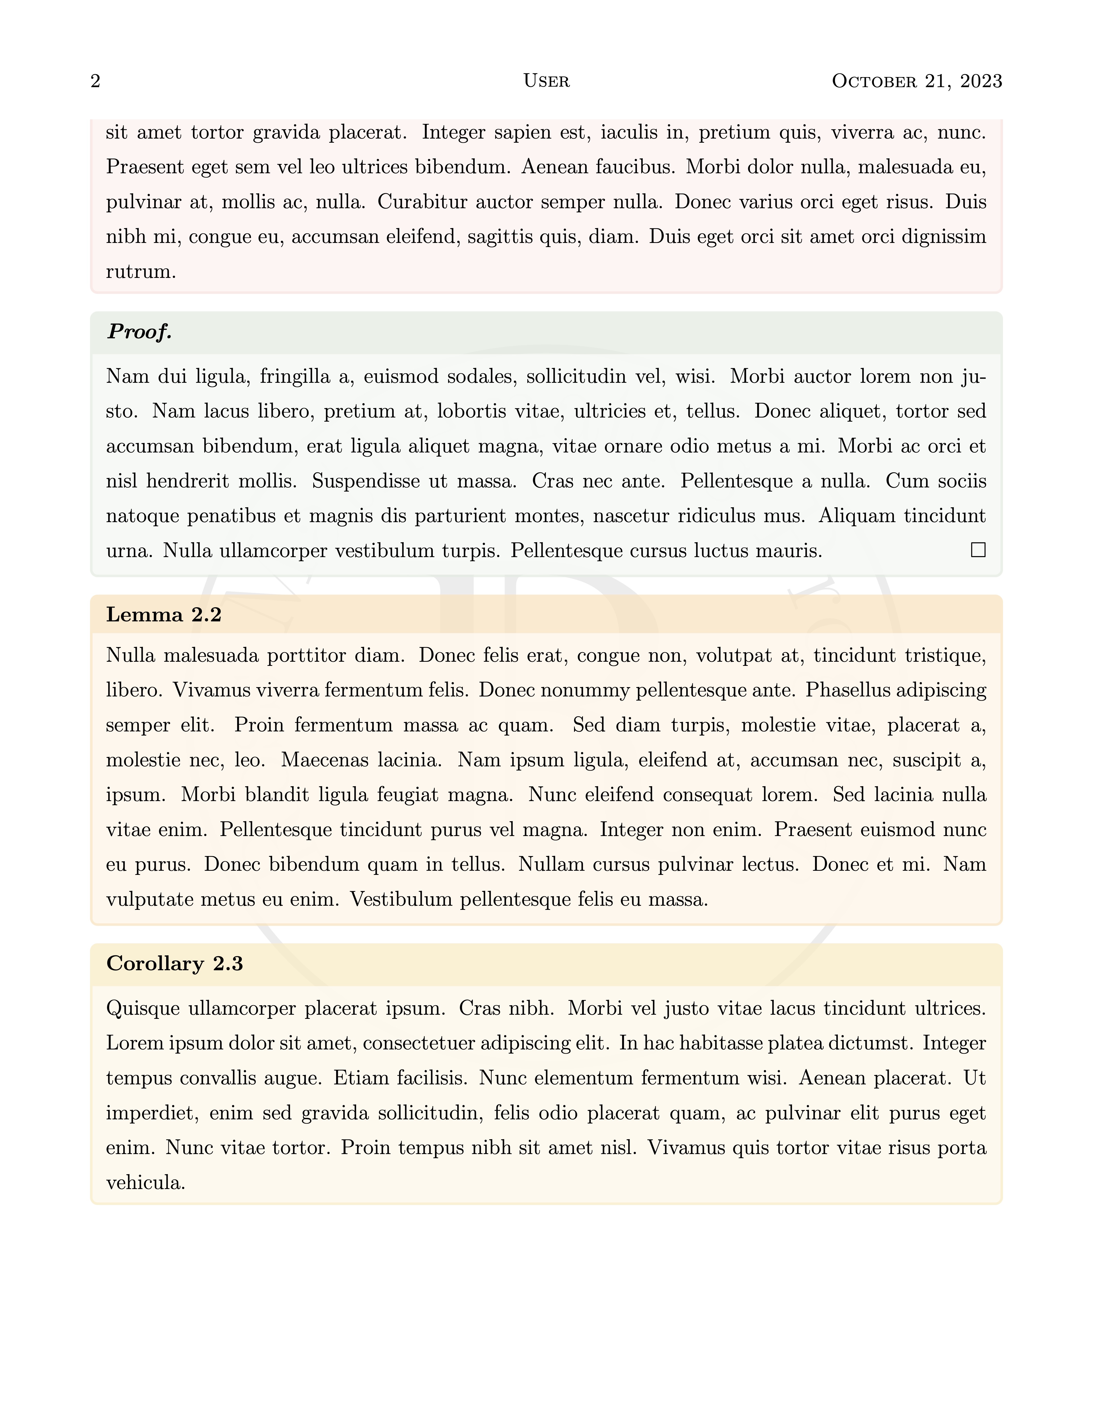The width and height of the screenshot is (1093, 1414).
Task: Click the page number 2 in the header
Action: [95, 81]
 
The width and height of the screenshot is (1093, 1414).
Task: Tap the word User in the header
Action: [546, 81]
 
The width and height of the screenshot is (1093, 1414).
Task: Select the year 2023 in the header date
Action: [981, 81]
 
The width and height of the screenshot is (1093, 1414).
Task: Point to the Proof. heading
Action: [139, 332]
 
